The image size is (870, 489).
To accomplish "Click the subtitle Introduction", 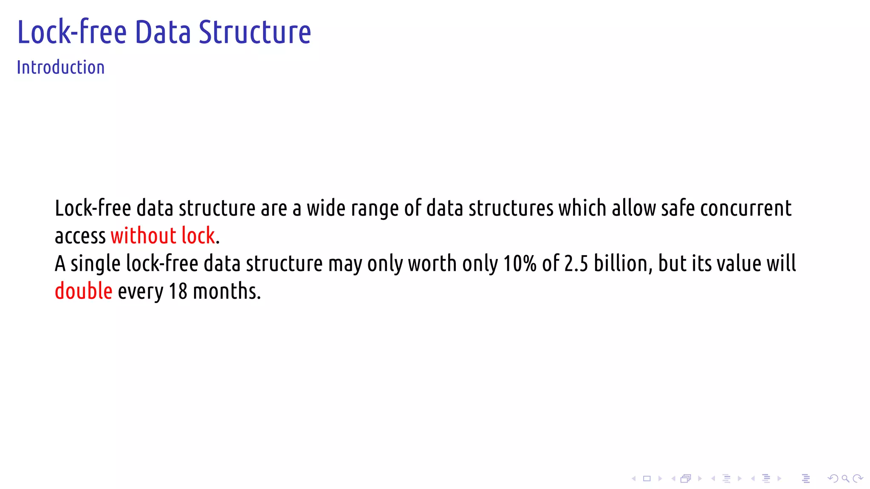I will click(60, 67).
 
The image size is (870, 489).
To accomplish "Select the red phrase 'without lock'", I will click(163, 236).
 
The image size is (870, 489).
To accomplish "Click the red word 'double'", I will click(84, 291).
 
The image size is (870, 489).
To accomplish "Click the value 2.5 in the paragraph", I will click(576, 264).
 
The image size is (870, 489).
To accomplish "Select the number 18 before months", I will click(178, 291).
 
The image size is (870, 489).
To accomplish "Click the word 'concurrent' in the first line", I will click(746, 208).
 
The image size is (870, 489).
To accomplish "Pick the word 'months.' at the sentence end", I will click(226, 291).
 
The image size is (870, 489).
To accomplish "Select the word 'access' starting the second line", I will click(80, 236).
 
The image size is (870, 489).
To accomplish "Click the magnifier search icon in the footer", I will click(845, 479).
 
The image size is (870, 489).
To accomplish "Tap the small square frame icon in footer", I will click(647, 479).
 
